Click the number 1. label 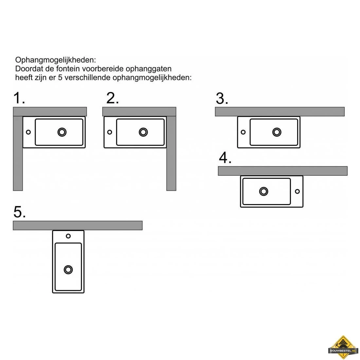click(x=19, y=98)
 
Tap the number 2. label click(x=113, y=98)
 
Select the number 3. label click(x=222, y=99)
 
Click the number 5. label click(x=20, y=212)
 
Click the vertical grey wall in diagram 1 click(x=18, y=153)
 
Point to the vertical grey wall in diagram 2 click(x=171, y=153)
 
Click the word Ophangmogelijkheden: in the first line click(x=56, y=60)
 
